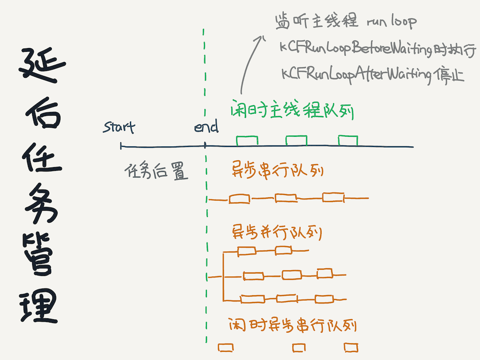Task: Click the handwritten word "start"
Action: tap(119, 127)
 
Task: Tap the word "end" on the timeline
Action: tap(206, 126)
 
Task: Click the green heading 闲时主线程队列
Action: tap(292, 109)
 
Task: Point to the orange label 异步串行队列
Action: tap(277, 169)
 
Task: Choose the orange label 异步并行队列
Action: tap(277, 232)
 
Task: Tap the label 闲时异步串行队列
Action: tap(293, 325)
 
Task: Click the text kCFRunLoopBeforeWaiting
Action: tap(355, 48)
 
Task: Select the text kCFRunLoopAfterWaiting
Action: tap(356, 74)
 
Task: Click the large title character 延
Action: tap(42, 65)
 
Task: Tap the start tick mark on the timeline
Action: tap(121, 146)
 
